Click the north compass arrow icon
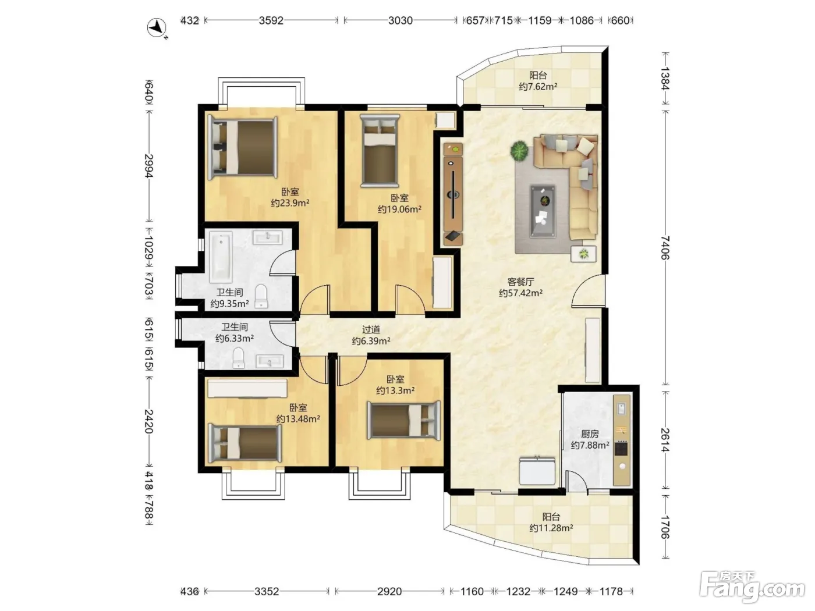pyautogui.click(x=157, y=28)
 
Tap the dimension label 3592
pyautogui.click(x=271, y=20)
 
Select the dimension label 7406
pyautogui.click(x=665, y=247)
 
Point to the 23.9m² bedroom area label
pyautogui.click(x=290, y=203)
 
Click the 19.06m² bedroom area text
pyautogui.click(x=399, y=209)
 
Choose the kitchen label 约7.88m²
pyautogui.click(x=590, y=445)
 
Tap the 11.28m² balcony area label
pyautogui.click(x=551, y=528)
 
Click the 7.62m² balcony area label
pyautogui.click(x=538, y=87)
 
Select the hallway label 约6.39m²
pyautogui.click(x=371, y=340)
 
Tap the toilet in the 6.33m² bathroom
pyautogui.click(x=238, y=358)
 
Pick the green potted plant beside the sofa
pyautogui.click(x=519, y=151)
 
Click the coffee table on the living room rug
pyautogui.click(x=543, y=211)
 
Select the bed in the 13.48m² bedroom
pyautogui.click(x=245, y=443)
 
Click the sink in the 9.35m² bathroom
pyautogui.click(x=267, y=237)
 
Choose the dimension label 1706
pyautogui.click(x=665, y=527)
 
